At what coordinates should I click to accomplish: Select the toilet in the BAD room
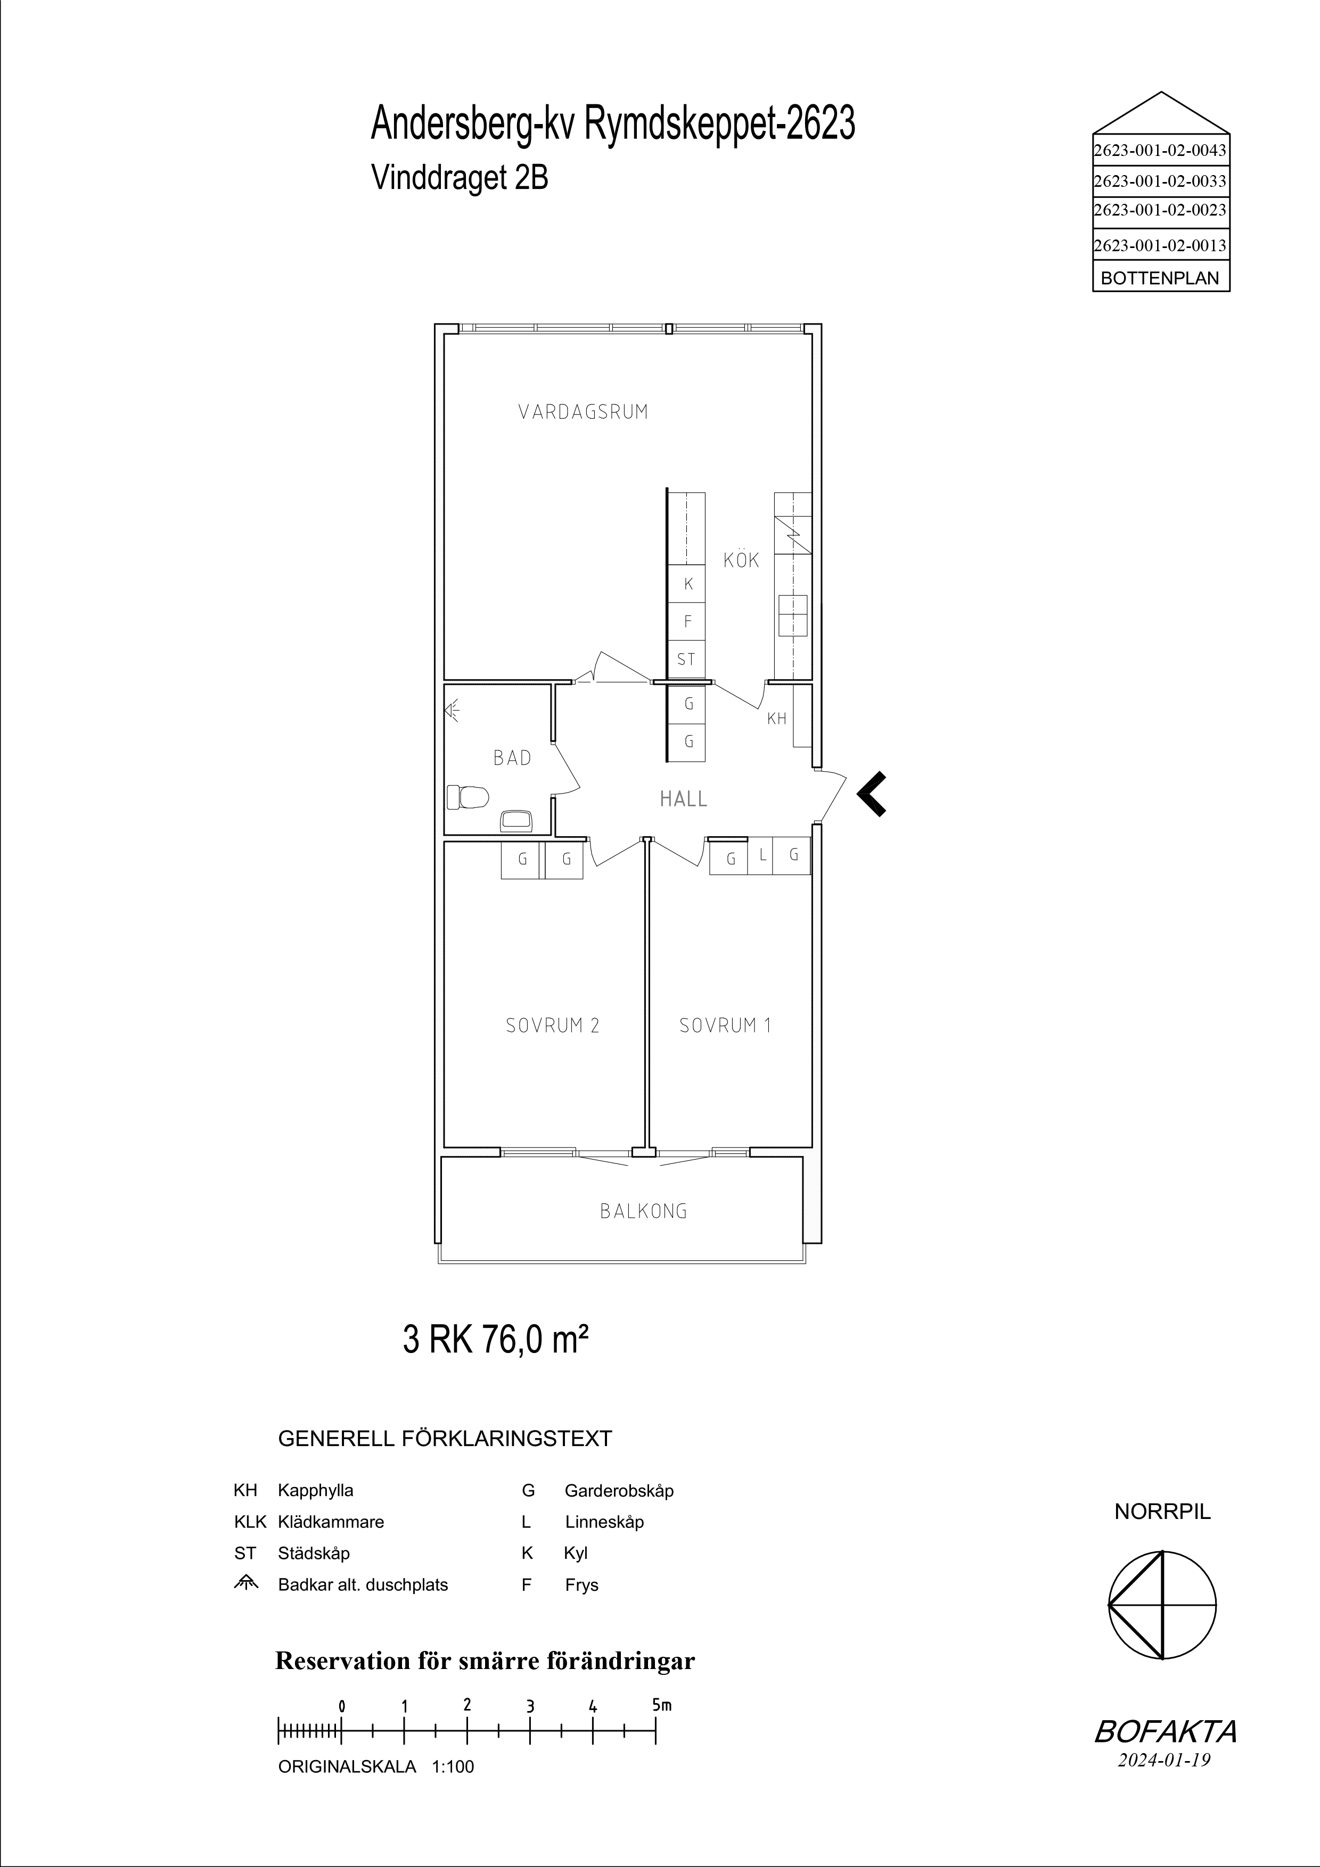tap(468, 796)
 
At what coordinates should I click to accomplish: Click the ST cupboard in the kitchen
tap(686, 659)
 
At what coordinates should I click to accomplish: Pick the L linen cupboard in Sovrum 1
tap(762, 855)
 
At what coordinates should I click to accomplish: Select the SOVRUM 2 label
tap(552, 1026)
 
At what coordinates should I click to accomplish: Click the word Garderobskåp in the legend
tap(619, 1491)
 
